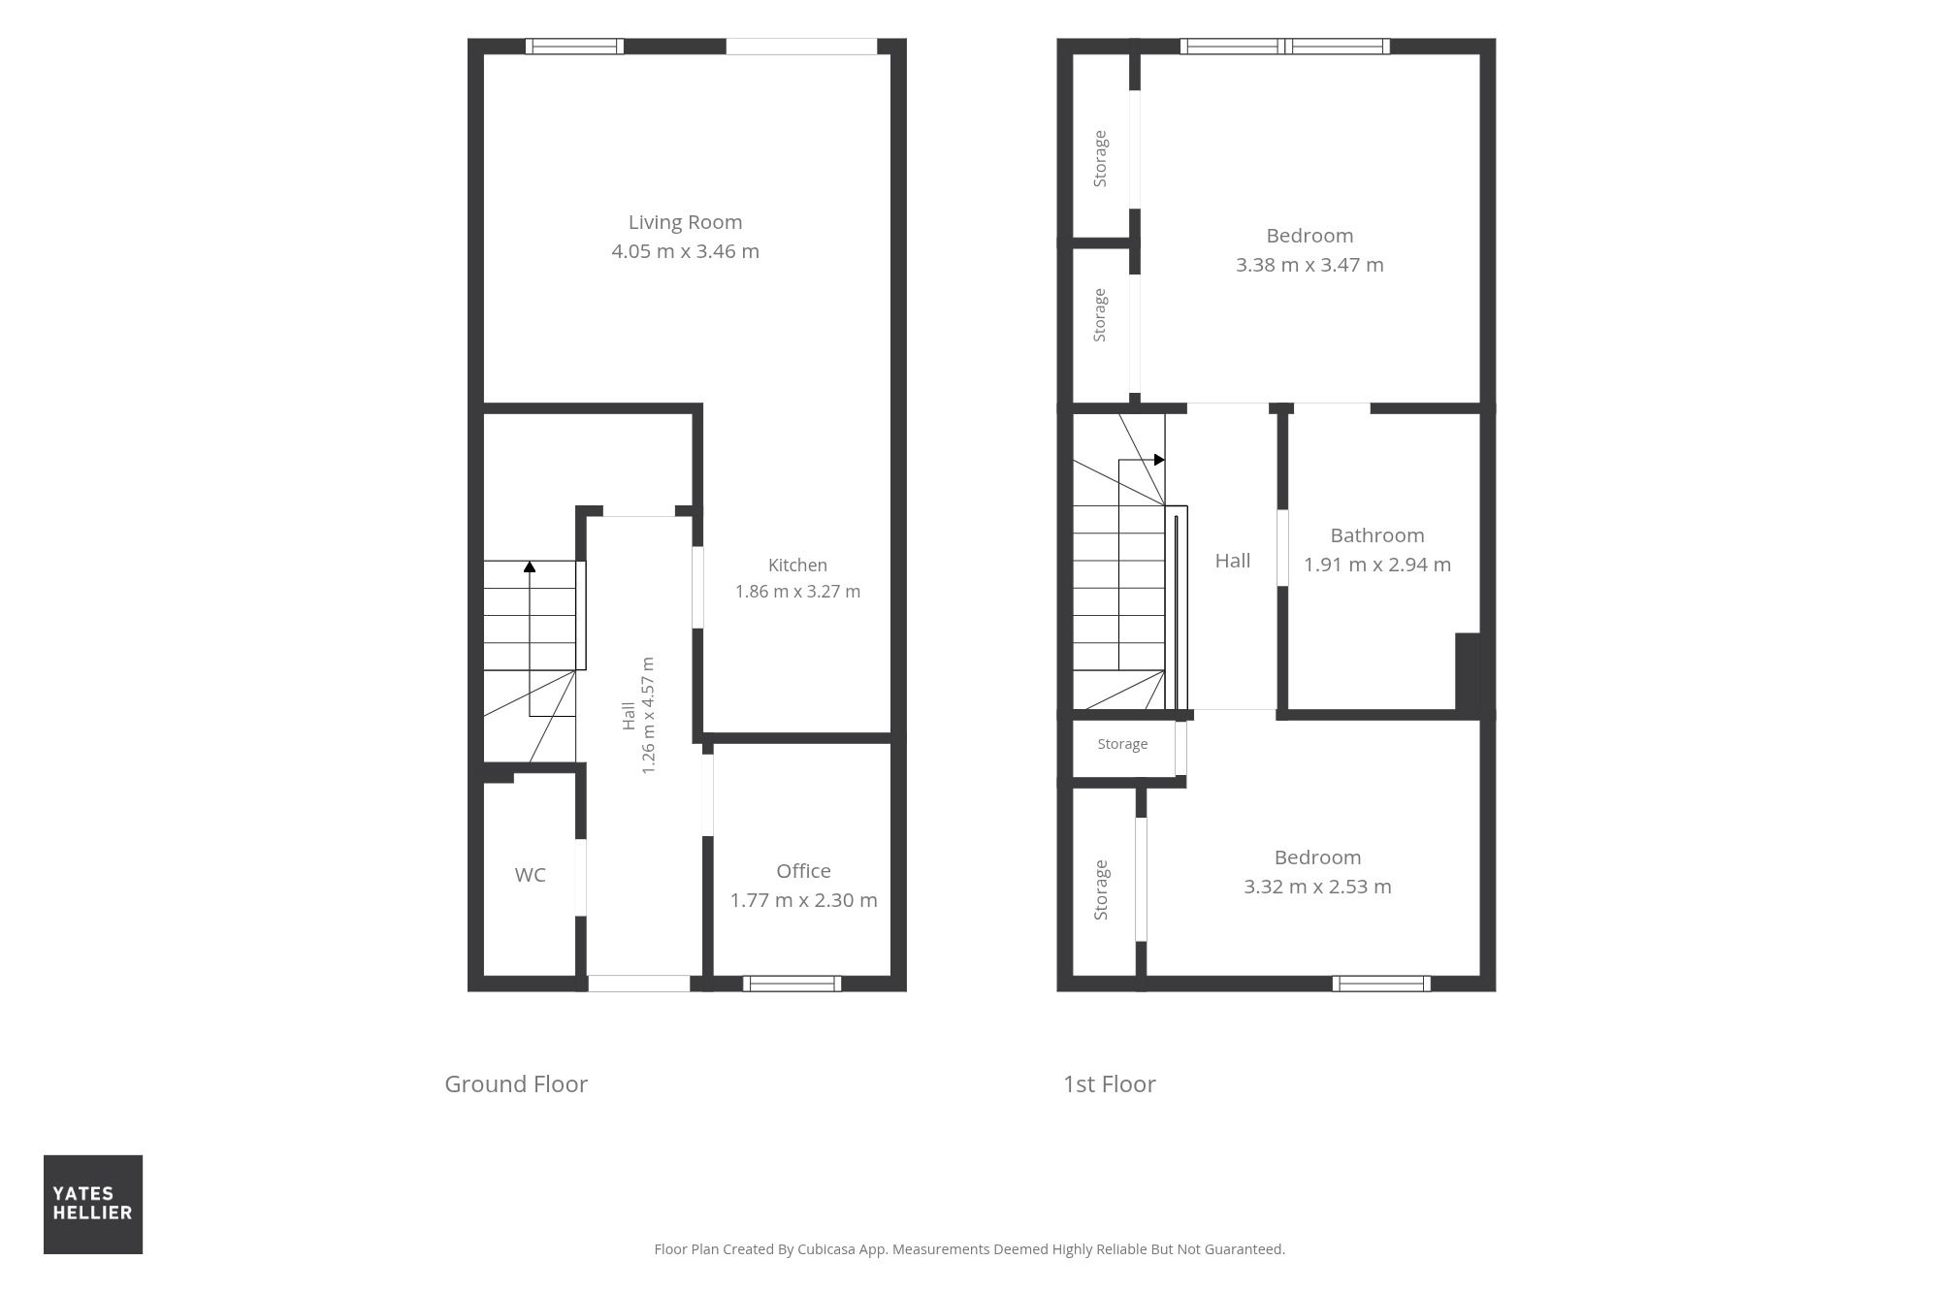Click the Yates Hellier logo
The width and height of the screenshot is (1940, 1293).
(x=93, y=1204)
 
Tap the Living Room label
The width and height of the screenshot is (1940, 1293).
(x=685, y=222)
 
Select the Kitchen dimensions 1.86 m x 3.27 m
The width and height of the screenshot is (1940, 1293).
(x=797, y=591)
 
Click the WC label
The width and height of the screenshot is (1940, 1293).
(x=530, y=875)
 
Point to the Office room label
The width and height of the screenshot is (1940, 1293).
(x=803, y=871)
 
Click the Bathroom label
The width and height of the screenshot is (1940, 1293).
(x=1376, y=535)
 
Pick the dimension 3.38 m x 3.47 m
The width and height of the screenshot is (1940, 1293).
(x=1309, y=265)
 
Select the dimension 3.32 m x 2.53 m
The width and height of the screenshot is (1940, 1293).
(x=1317, y=887)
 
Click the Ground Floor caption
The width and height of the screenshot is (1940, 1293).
(x=516, y=1083)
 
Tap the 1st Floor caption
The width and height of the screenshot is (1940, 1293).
(x=1109, y=1083)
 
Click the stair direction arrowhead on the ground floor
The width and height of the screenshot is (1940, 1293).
(x=530, y=566)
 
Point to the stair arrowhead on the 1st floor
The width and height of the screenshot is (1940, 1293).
(x=1159, y=460)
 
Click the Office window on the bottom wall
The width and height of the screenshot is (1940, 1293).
(x=792, y=984)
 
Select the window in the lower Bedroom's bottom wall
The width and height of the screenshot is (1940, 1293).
(x=1380, y=984)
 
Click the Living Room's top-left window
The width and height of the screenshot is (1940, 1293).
(x=574, y=46)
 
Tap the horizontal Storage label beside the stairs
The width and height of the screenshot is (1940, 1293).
(x=1122, y=744)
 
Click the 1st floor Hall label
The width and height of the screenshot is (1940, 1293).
(x=1233, y=561)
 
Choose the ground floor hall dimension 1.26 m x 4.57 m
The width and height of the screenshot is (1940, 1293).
(x=649, y=716)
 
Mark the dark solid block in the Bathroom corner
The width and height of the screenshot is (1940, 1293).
(x=1467, y=671)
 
